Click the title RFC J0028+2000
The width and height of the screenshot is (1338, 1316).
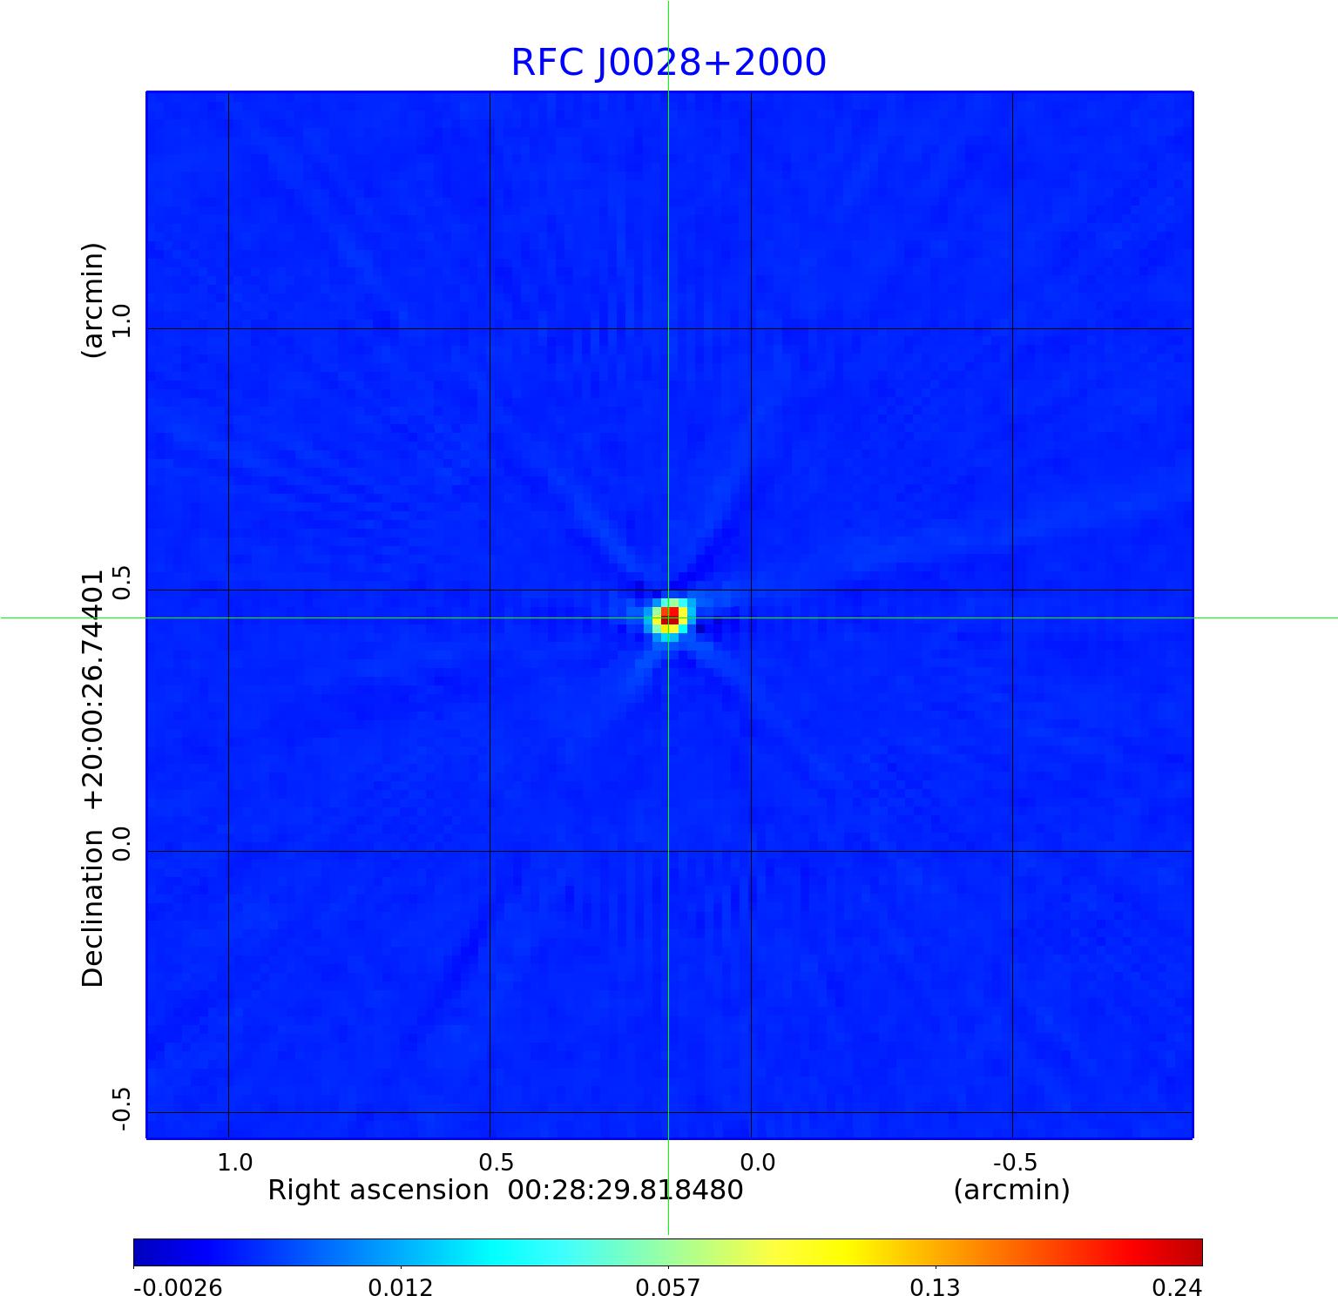pyautogui.click(x=668, y=63)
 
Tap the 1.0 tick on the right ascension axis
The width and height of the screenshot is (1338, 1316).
pyautogui.click(x=235, y=1163)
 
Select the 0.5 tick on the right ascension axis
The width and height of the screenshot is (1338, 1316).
pyautogui.click(x=497, y=1163)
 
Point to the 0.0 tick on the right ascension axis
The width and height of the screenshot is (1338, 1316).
pyautogui.click(x=758, y=1163)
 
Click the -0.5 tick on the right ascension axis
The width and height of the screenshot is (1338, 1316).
pyautogui.click(x=1015, y=1163)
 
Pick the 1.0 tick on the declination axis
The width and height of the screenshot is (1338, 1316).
pyautogui.click(x=120, y=321)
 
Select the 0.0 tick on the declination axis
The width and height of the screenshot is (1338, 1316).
pyautogui.click(x=120, y=843)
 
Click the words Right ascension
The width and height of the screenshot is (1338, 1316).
pyautogui.click(x=378, y=1191)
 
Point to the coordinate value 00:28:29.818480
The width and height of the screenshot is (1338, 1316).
pyautogui.click(x=625, y=1191)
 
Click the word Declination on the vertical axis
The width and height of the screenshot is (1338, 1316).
pyautogui.click(x=92, y=908)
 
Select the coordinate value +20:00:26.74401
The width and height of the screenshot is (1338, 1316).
pyautogui.click(x=92, y=690)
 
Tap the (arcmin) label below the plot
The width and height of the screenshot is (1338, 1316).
pyautogui.click(x=1011, y=1191)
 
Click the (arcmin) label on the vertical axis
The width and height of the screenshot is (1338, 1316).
pyautogui.click(x=92, y=300)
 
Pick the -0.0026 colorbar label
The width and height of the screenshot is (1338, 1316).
pyautogui.click(x=178, y=1288)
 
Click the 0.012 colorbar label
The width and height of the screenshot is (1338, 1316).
pyautogui.click(x=401, y=1288)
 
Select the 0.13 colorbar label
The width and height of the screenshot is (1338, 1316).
pyautogui.click(x=935, y=1288)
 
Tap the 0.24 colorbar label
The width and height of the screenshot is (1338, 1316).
pyautogui.click(x=1178, y=1288)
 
